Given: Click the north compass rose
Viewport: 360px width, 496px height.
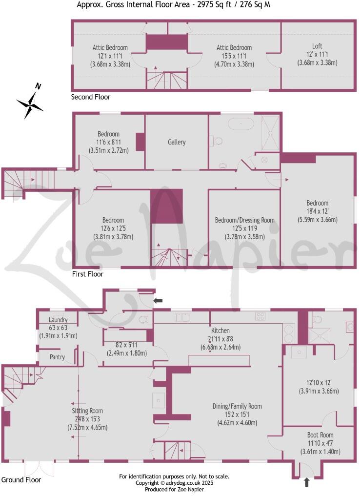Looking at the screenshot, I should (30, 103).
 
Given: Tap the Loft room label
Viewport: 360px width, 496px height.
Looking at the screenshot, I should (317, 47).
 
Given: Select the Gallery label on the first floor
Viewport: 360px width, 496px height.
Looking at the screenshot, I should (177, 142).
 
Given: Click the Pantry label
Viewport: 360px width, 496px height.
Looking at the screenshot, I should (58, 357).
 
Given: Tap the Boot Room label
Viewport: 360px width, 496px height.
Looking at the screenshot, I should (320, 434).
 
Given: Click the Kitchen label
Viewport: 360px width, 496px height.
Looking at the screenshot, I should (220, 331).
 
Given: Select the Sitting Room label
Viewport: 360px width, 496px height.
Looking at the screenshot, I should (87, 411).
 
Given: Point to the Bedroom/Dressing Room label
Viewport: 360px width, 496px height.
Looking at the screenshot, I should (245, 220).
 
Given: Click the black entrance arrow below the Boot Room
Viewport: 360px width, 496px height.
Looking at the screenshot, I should (306, 482).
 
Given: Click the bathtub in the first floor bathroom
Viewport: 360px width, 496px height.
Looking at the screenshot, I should (241, 123).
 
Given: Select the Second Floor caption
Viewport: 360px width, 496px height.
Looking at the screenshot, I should (91, 97).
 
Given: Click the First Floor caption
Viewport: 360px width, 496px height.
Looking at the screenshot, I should (87, 274).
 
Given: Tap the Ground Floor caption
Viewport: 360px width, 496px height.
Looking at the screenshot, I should (21, 480).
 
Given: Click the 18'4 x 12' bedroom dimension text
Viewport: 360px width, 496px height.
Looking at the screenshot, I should (317, 211).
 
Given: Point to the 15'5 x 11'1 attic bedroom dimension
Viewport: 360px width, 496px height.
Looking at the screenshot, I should (235, 56).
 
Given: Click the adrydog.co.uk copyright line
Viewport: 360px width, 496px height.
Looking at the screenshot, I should (174, 483).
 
